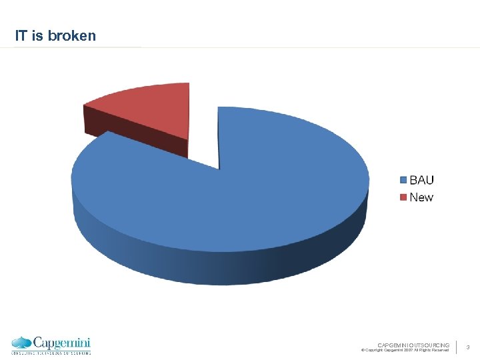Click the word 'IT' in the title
tap(21, 36)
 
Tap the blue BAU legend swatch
tap(403, 180)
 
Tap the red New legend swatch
tap(403, 197)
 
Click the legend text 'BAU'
tap(421, 180)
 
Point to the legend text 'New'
tap(421, 197)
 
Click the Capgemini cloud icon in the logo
tap(22, 343)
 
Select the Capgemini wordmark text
tap(61, 342)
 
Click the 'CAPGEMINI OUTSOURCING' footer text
tap(413, 344)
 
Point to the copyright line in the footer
tap(405, 350)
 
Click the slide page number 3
tap(468, 347)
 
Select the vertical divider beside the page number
tap(457, 347)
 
